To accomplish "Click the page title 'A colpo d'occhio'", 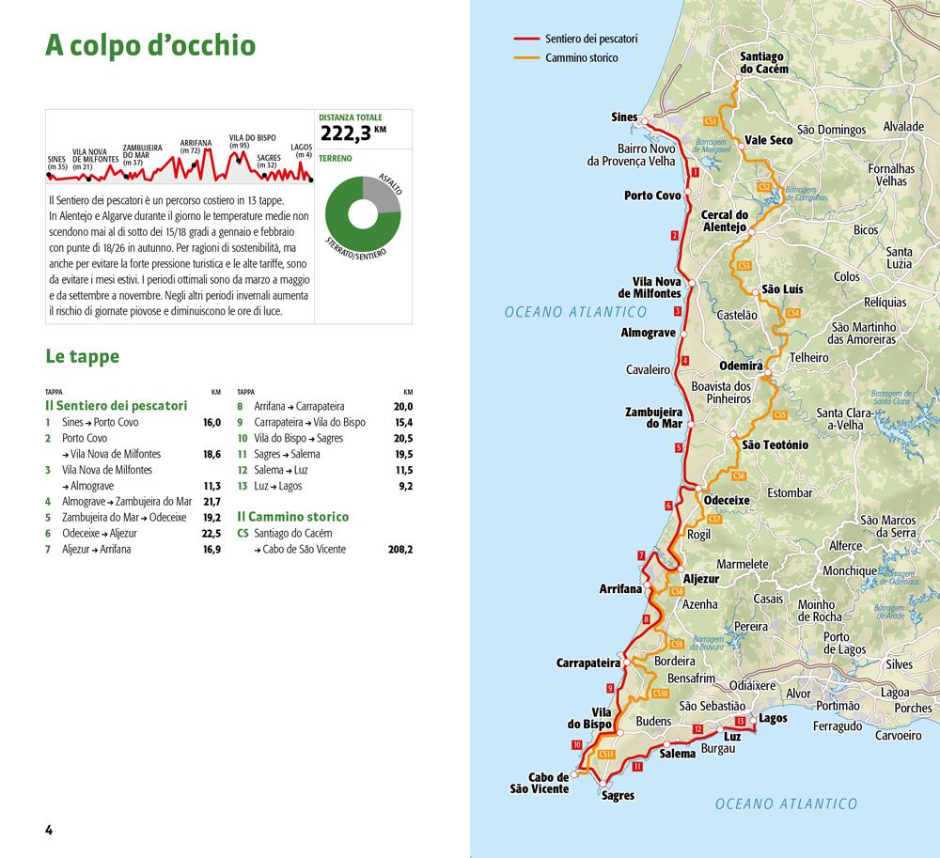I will click(150, 46).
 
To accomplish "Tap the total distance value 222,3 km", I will click(353, 133).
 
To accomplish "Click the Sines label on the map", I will click(624, 117).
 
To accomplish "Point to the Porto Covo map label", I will click(652, 195).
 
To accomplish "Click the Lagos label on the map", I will click(773, 718).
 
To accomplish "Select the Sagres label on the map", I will click(618, 796).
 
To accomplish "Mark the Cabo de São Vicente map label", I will click(540, 783).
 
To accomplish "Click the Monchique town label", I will click(850, 570).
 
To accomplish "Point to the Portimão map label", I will click(837, 706).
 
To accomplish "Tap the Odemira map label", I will click(741, 366).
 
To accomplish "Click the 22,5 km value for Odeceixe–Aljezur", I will click(211, 533).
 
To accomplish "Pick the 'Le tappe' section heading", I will click(82, 357).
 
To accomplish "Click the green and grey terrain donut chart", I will click(363, 213).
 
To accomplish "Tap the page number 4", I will click(49, 830).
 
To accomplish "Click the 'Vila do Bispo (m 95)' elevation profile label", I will click(252, 141).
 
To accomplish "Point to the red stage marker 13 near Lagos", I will click(741, 721).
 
